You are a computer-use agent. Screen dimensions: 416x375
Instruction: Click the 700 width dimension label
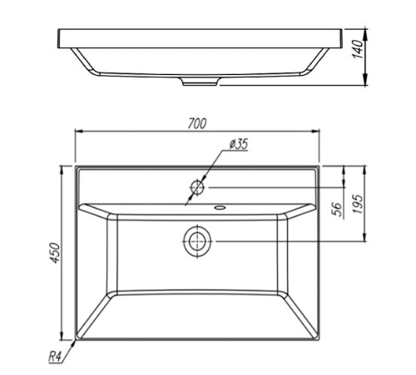pos(197,123)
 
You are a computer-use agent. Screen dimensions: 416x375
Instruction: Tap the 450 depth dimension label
pos(55,253)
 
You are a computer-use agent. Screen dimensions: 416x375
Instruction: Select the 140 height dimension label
pos(358,49)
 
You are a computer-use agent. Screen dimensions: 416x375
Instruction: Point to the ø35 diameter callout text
pos(239,144)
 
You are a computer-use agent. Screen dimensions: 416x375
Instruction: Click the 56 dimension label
pos(337,209)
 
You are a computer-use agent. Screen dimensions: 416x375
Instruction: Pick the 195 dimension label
pos(358,204)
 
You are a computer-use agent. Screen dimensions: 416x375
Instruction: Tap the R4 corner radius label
pos(55,357)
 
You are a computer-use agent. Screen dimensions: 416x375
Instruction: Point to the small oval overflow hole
pos(220,207)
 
